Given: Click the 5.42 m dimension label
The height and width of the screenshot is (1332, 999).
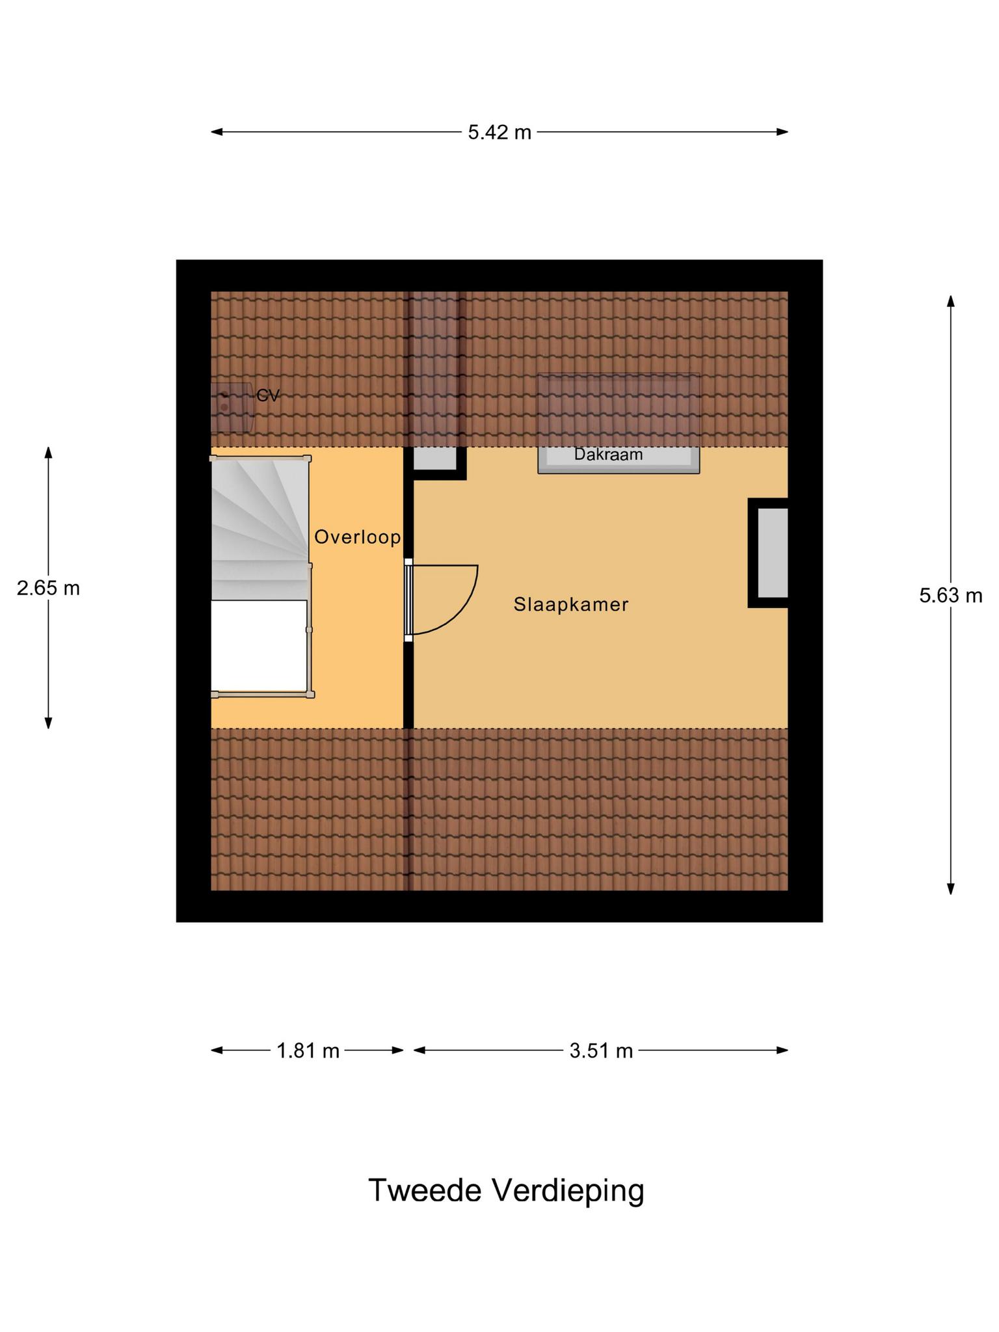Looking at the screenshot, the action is click(x=499, y=133).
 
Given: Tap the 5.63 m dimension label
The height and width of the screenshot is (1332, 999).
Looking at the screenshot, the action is click(x=950, y=595).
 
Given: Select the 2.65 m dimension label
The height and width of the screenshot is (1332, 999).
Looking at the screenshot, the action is click(x=48, y=588).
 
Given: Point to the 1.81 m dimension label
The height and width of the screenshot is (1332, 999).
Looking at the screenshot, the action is click(x=308, y=1050).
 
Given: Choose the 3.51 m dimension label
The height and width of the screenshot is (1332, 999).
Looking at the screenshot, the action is click(x=601, y=1050).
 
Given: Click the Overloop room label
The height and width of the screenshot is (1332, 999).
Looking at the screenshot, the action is click(x=357, y=537).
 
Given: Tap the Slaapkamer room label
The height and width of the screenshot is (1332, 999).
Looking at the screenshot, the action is click(x=571, y=605).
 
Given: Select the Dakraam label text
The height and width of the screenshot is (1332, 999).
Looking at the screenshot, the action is click(x=608, y=454).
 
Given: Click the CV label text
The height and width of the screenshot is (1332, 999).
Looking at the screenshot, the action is click(x=268, y=395).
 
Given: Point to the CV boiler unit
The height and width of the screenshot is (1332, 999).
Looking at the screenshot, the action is click(x=232, y=407).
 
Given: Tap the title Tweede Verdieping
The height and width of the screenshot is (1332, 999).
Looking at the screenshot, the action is click(x=506, y=1190).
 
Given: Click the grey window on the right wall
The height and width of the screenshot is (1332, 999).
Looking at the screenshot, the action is click(x=773, y=553).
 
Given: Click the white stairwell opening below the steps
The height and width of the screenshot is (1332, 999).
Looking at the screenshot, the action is click(x=259, y=645).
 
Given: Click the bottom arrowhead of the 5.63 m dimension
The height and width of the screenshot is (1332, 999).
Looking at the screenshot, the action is click(x=950, y=889).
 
